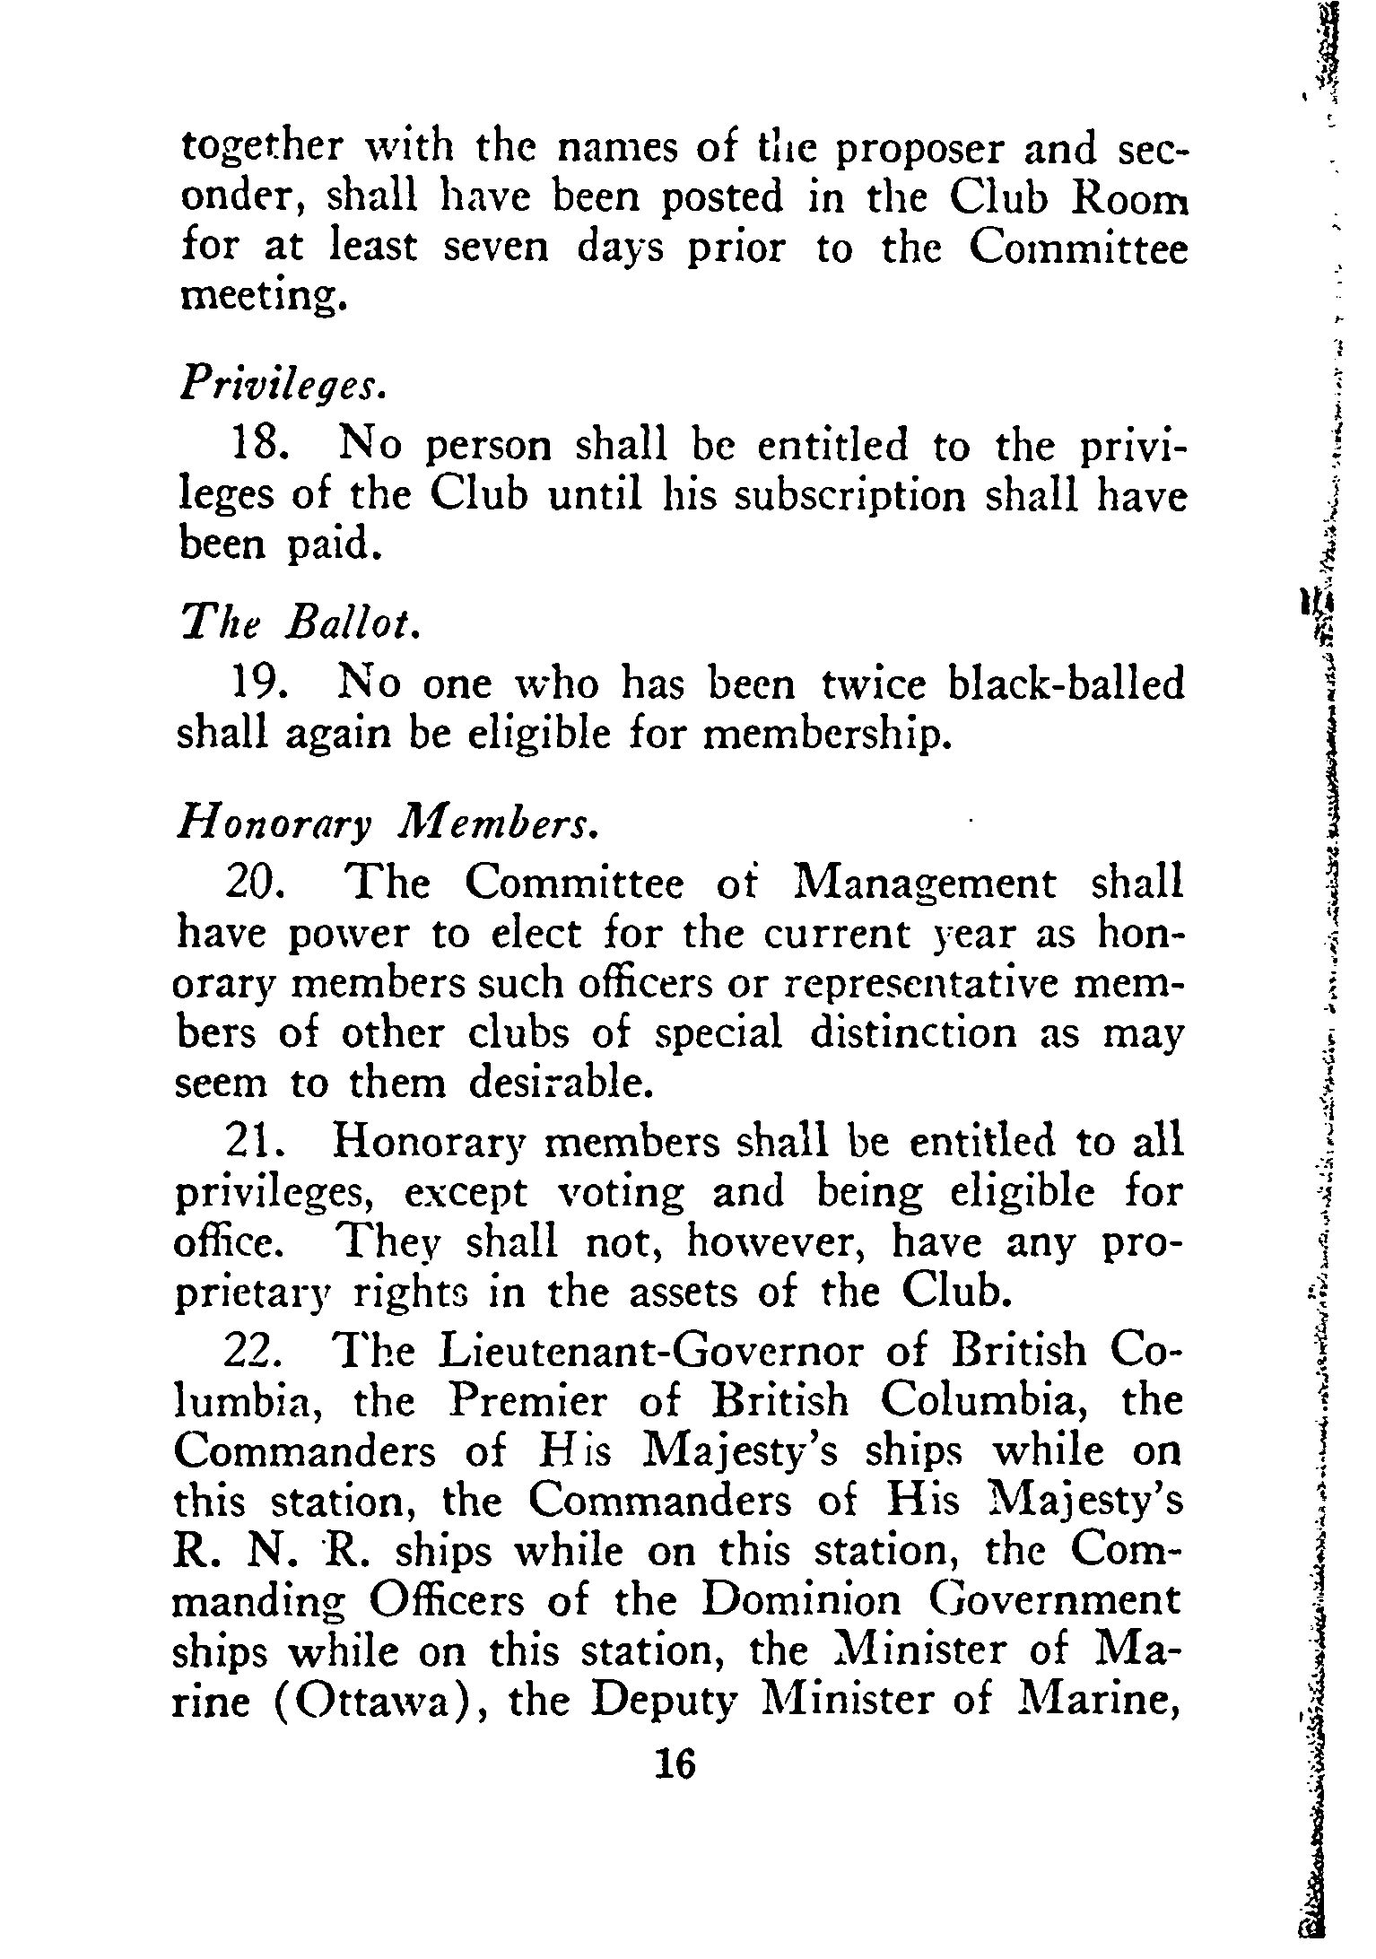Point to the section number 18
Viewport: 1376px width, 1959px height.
259,447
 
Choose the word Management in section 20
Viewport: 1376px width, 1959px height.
926,884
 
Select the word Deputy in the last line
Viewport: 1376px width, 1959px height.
664,1703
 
